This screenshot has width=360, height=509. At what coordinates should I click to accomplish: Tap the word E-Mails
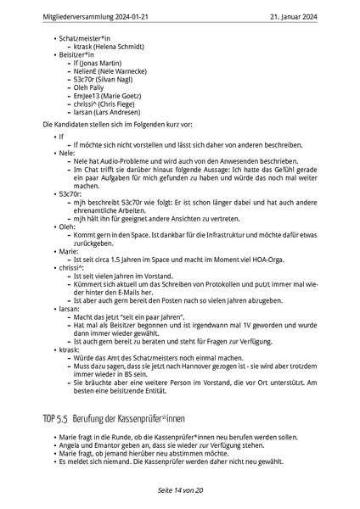click(140, 286)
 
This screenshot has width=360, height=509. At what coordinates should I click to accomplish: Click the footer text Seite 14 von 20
click(180, 491)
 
